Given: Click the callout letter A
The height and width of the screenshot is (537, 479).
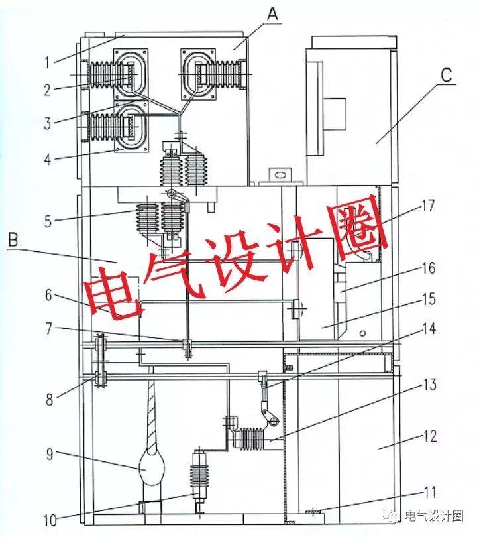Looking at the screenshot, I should (273, 13).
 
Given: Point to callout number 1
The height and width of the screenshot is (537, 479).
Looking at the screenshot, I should (48, 63).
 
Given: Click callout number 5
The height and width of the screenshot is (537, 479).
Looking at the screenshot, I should (48, 221).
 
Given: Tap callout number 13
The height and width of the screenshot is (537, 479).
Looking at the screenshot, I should (430, 385).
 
